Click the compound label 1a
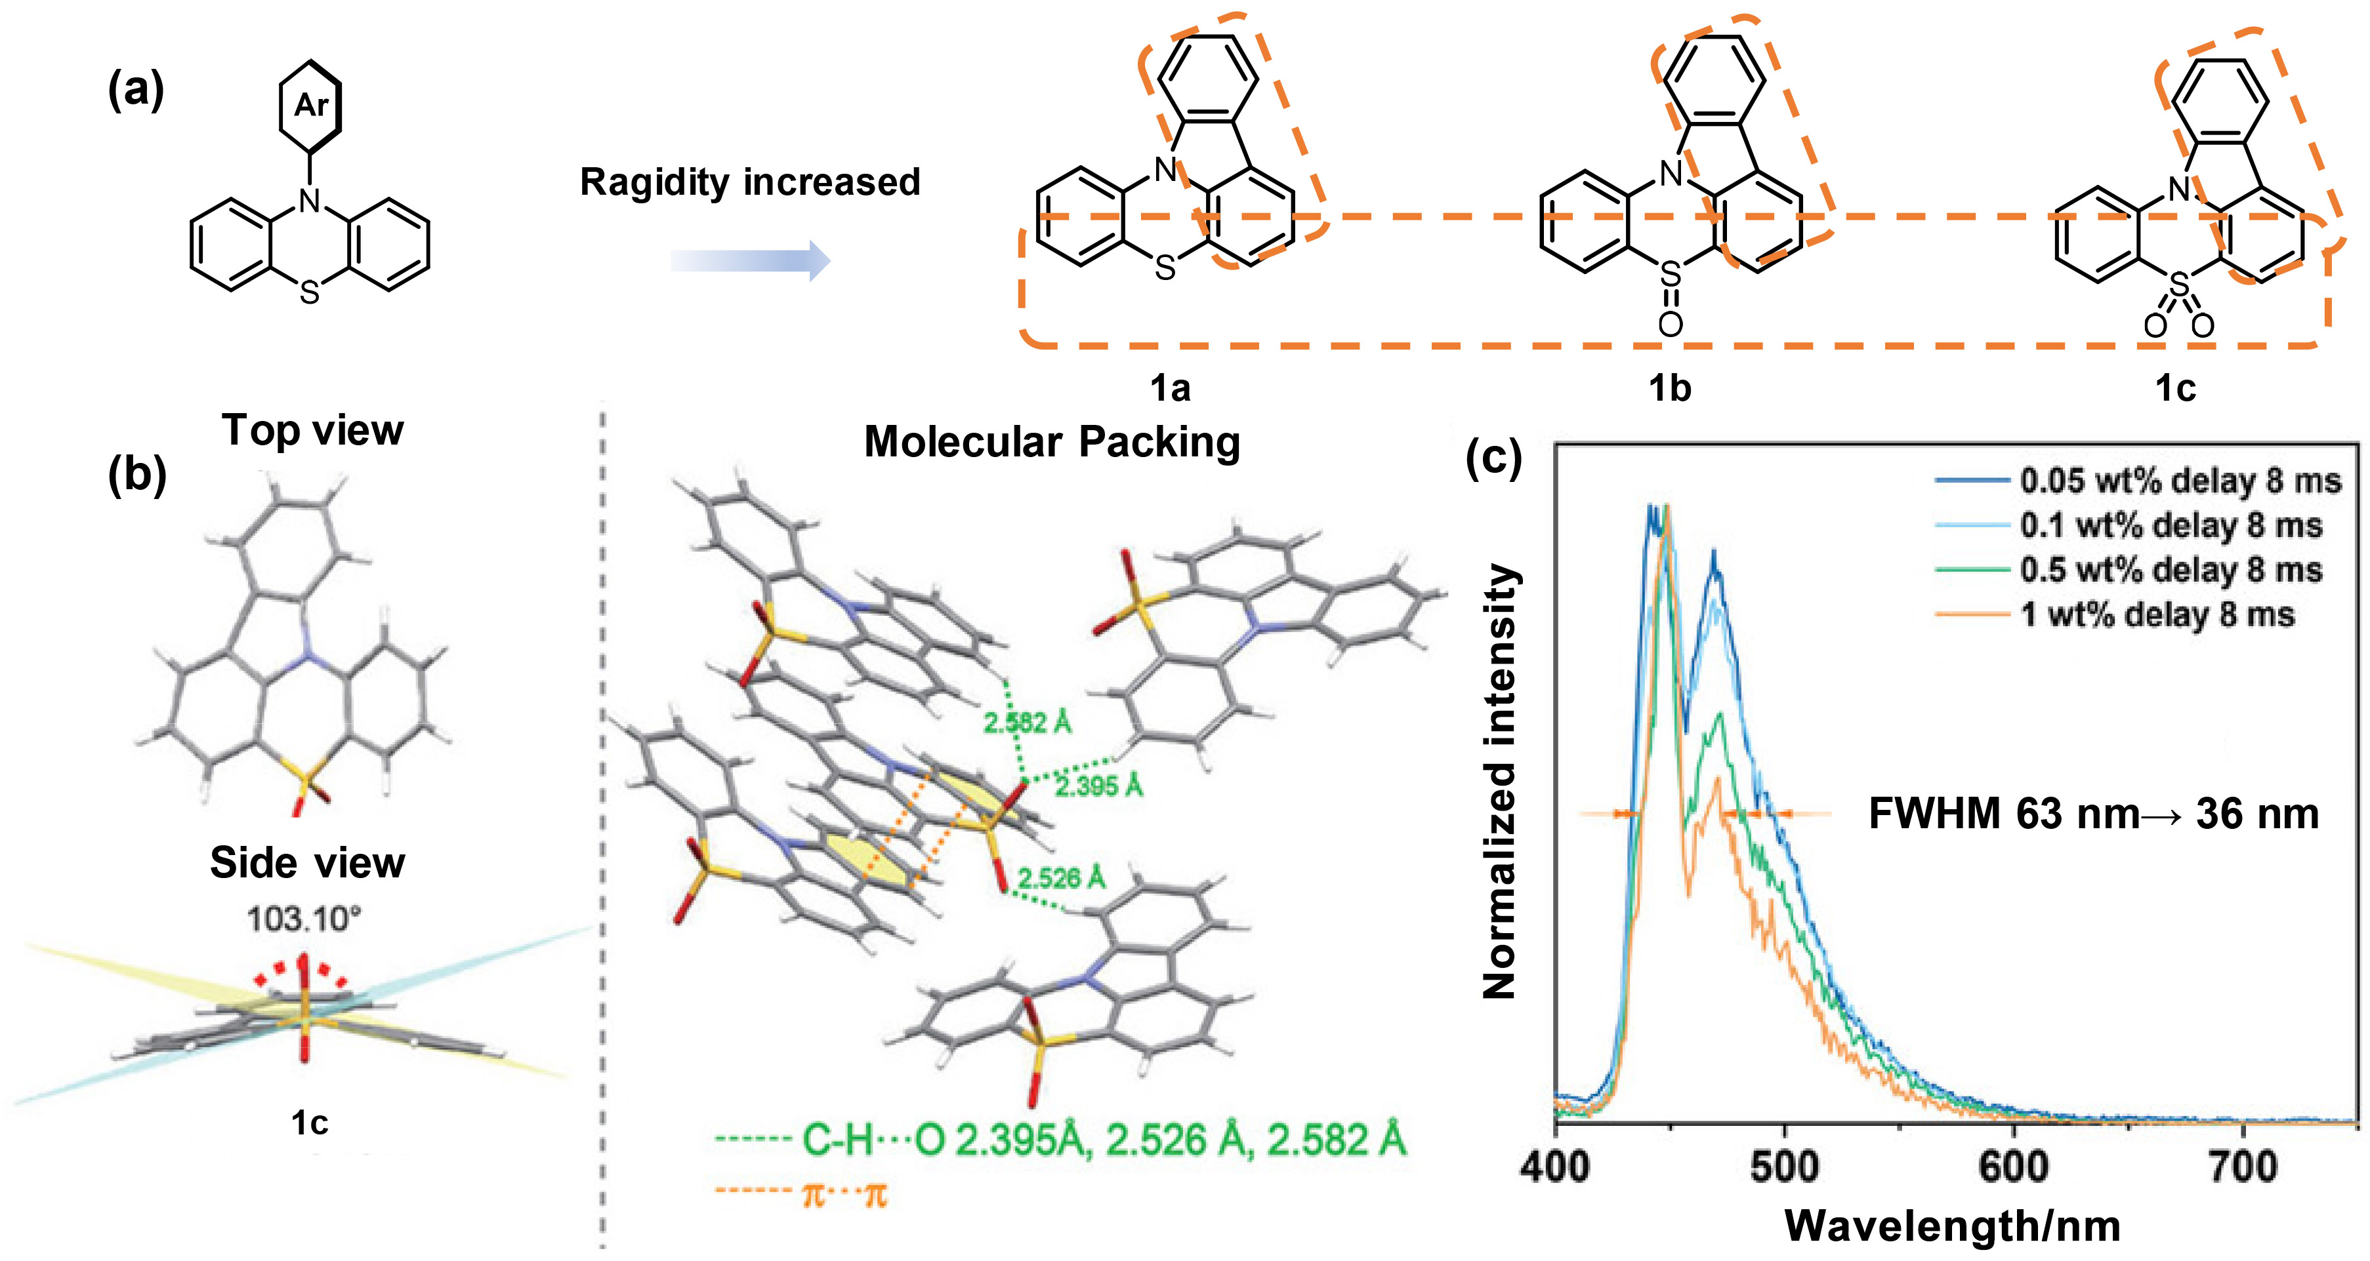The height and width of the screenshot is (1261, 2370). tap(1171, 388)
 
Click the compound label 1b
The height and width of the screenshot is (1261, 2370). tap(1670, 388)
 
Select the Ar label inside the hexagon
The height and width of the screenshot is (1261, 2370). tap(311, 105)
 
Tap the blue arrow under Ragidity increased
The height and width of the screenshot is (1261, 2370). tap(750, 260)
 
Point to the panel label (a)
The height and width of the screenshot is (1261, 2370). tap(136, 90)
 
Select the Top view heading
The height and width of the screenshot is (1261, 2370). tap(313, 430)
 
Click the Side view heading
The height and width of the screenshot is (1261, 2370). tap(307, 863)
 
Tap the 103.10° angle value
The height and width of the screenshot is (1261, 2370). tap(304, 919)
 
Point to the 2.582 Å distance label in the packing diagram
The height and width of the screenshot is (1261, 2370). tap(1028, 723)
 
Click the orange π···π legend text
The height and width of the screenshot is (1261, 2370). tap(844, 1195)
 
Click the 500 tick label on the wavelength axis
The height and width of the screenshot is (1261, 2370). tap(1784, 1167)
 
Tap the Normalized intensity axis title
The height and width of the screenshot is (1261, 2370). tap(1500, 782)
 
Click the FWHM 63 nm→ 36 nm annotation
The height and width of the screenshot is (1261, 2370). tap(2093, 814)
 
